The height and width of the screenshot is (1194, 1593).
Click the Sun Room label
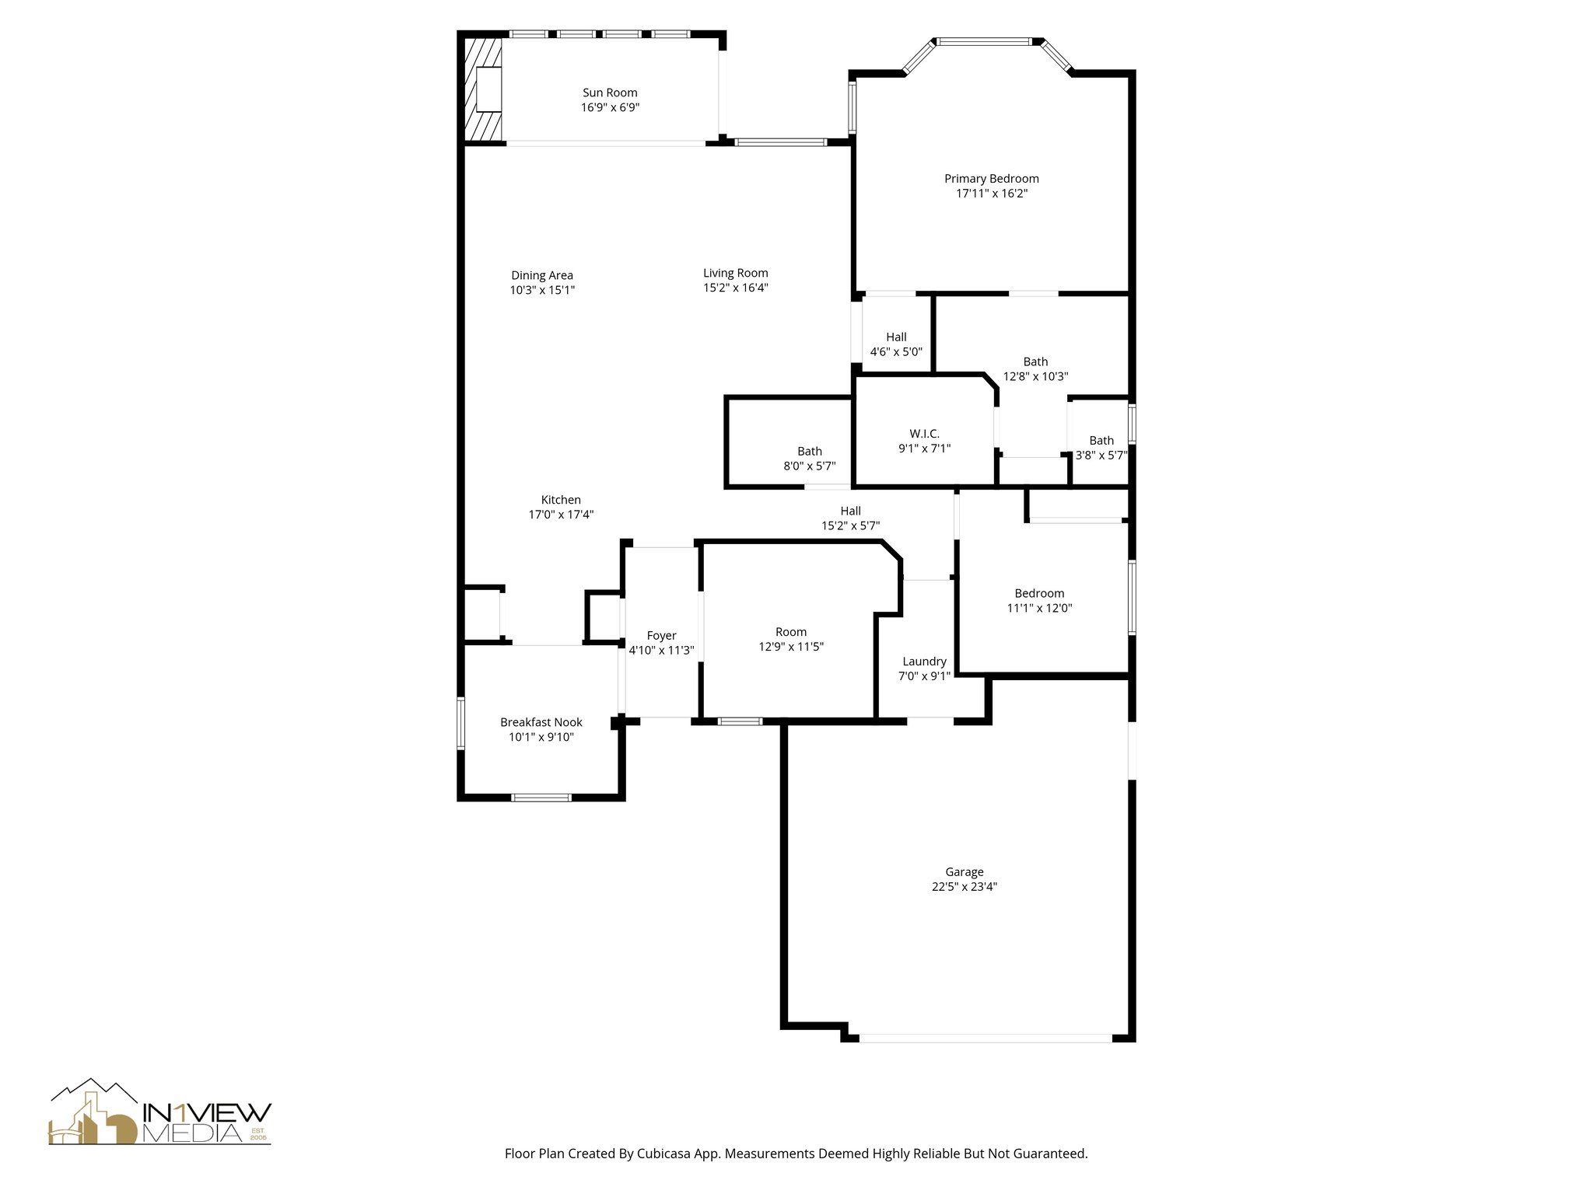(610, 93)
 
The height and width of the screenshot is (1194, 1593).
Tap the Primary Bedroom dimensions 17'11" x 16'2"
(992, 194)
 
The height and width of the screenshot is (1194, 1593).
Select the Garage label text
(965, 872)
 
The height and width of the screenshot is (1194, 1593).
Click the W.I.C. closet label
(924, 434)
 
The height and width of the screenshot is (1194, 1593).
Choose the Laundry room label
(924, 662)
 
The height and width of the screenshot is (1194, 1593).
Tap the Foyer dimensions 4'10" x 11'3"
(661, 651)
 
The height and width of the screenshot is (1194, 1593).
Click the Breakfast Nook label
(541, 722)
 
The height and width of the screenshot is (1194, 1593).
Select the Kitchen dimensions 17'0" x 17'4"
(561, 515)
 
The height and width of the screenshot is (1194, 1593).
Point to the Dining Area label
(542, 275)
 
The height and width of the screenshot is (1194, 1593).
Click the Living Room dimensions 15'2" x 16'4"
(736, 288)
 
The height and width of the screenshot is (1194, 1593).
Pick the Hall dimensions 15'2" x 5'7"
(850, 526)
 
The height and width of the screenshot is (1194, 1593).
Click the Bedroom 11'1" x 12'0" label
(1039, 593)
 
